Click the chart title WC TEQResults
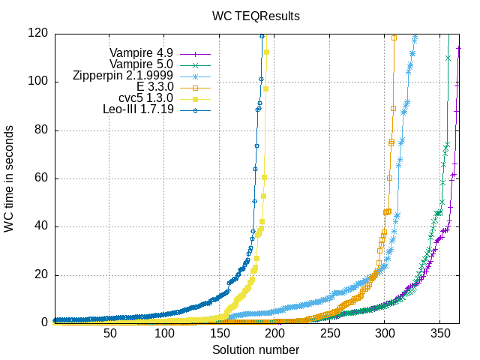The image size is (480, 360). point(255,15)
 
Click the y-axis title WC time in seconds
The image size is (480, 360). point(9,178)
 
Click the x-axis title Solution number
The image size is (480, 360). point(255,350)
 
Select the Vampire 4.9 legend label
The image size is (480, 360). point(141,53)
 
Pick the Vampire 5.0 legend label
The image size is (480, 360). point(141,64)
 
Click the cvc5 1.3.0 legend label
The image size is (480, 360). point(146,98)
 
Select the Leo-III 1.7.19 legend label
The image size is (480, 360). point(138,109)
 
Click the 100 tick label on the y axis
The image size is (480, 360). point(37,81)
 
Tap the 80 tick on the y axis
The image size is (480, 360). point(40,130)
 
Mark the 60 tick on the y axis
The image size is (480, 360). point(40,178)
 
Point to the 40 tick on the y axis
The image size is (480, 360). point(40,226)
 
